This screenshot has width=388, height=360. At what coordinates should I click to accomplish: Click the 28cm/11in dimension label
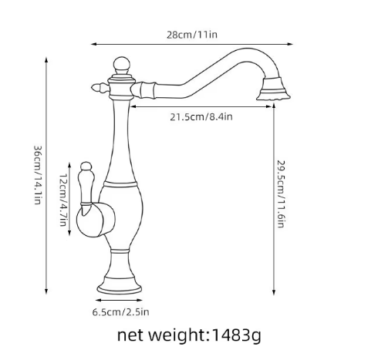(192, 35)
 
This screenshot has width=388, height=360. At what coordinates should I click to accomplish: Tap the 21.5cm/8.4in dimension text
(201, 117)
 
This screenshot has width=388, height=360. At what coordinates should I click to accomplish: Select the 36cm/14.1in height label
(38, 175)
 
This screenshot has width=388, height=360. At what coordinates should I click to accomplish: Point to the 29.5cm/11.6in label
(281, 194)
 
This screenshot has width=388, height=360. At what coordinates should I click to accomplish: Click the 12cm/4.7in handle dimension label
(63, 200)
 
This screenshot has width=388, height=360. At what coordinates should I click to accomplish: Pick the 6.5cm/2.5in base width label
(120, 312)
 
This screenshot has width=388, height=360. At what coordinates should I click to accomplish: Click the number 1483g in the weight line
(236, 335)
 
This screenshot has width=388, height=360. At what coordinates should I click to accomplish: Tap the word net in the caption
(130, 335)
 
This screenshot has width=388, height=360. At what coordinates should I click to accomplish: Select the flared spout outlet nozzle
(273, 89)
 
